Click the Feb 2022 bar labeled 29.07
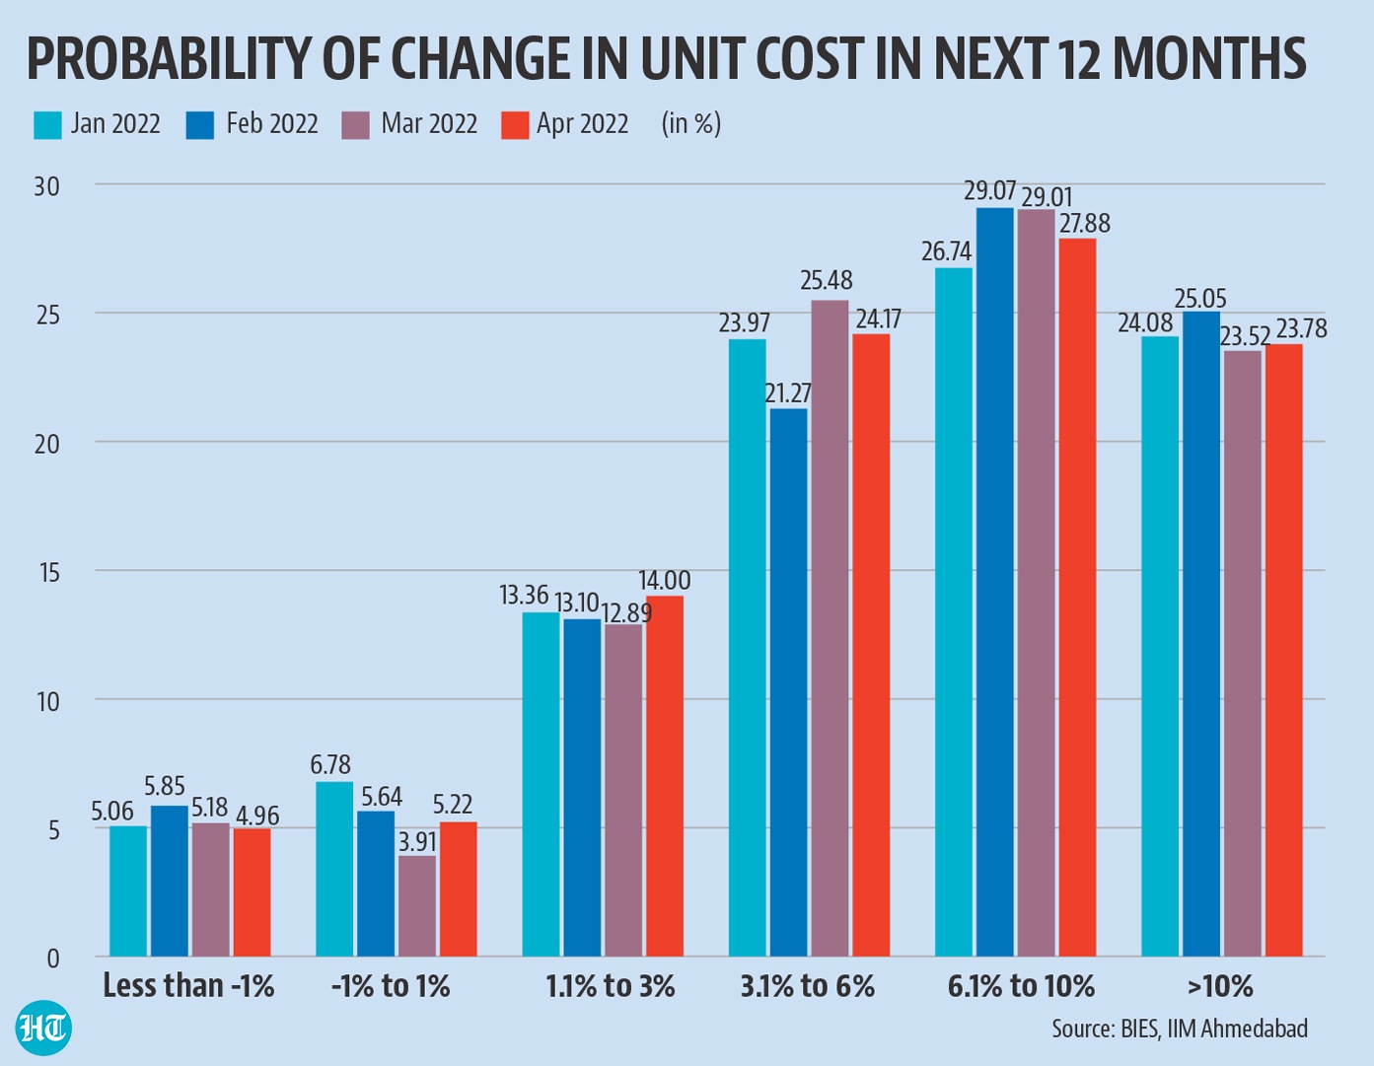[994, 582]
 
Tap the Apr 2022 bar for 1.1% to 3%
[664, 776]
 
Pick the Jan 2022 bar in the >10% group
[1159, 646]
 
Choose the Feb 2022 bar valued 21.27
[788, 682]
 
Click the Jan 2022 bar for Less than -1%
[128, 890]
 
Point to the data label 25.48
[826, 281]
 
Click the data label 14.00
[664, 581]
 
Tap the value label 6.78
[330, 765]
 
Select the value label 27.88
[1084, 224]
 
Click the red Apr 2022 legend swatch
[515, 125]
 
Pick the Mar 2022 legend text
[429, 124]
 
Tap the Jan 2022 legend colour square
[47, 125]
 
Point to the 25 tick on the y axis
[46, 316]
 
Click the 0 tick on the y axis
[52, 958]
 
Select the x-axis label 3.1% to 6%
[807, 986]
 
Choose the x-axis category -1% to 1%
[391, 986]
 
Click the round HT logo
[43, 1029]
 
